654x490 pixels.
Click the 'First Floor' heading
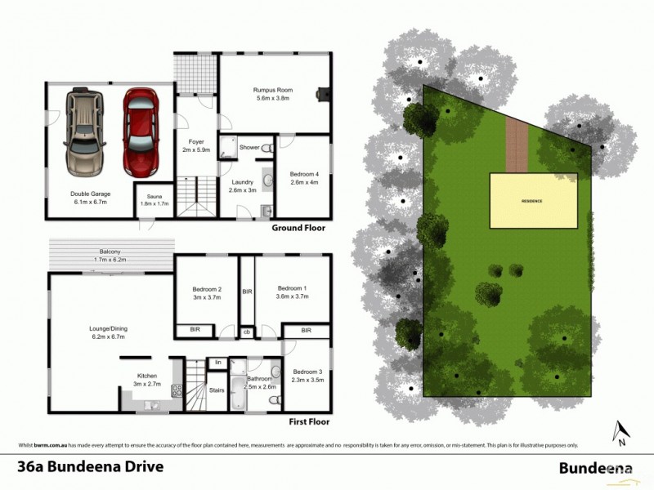pos(309,422)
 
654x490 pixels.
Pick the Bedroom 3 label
pos(307,373)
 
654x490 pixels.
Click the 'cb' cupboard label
pos(246,332)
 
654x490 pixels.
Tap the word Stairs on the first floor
pos(217,390)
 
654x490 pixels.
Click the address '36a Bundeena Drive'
pos(91,467)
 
